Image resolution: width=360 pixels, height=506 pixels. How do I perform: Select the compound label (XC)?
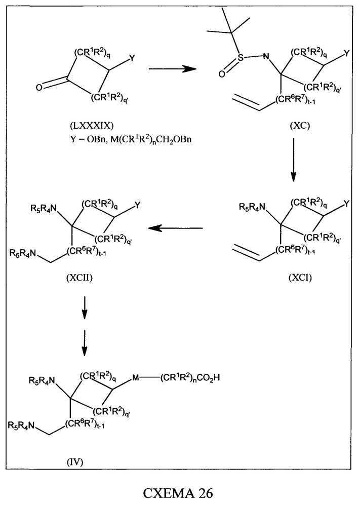[x=300, y=125]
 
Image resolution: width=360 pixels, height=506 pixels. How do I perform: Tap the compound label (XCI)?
[x=300, y=278]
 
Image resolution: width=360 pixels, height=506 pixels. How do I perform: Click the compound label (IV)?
[x=75, y=462]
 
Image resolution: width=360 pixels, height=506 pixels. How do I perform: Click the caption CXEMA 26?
[x=178, y=493]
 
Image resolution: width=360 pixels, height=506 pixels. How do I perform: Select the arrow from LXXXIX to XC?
[x=173, y=69]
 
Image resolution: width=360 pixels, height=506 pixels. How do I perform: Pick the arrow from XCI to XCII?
[x=176, y=228]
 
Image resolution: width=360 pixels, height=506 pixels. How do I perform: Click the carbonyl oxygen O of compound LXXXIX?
[x=38, y=88]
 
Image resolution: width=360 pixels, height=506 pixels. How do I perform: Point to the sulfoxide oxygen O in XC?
[x=222, y=74]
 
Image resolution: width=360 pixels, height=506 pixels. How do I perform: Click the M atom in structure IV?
[x=136, y=377]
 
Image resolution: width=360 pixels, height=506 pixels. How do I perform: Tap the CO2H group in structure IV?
[x=209, y=377]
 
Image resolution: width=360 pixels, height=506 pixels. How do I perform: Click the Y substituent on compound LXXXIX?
[x=132, y=58]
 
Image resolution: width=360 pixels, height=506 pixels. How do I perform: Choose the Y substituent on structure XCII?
[x=137, y=205]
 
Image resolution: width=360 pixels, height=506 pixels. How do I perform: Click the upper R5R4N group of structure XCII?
[x=44, y=209]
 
